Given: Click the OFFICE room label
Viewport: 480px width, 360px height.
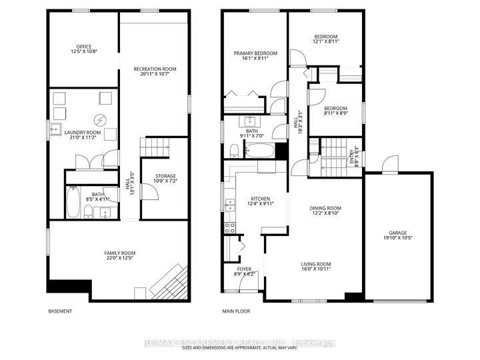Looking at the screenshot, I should click(84, 46).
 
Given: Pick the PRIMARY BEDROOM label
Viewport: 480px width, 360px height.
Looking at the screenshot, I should click(255, 53).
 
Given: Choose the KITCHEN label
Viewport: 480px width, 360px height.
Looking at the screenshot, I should click(259, 198).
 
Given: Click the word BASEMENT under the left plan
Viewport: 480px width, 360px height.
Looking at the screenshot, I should click(60, 311).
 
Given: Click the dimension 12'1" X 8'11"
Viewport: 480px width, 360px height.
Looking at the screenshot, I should click(326, 41).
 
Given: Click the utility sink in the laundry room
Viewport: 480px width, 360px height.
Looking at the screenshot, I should click(57, 129).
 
